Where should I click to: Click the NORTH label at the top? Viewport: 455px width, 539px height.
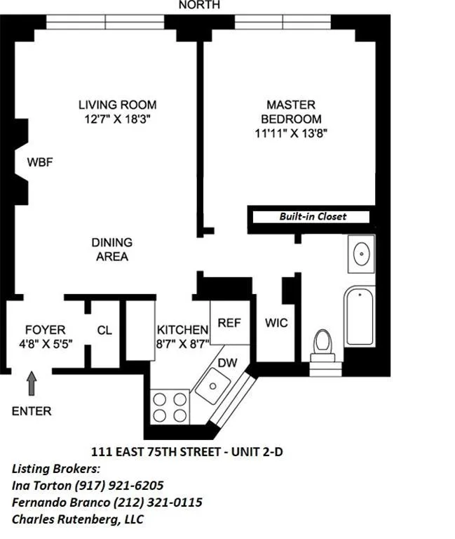pyautogui.click(x=199, y=5)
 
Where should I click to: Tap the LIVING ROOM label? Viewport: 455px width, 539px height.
pyautogui.click(x=117, y=105)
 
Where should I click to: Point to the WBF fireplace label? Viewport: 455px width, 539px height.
pyautogui.click(x=40, y=162)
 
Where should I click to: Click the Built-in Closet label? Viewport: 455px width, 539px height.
pyautogui.click(x=313, y=216)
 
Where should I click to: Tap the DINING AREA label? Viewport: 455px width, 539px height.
pyautogui.click(x=111, y=249)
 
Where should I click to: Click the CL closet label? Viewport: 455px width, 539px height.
pyautogui.click(x=104, y=330)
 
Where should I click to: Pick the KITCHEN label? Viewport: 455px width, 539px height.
pyautogui.click(x=182, y=330)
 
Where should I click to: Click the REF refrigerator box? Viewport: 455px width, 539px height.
pyautogui.click(x=229, y=323)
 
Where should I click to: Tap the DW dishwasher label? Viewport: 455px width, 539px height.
pyautogui.click(x=227, y=362)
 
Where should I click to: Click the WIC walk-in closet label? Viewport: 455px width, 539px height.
pyautogui.click(x=276, y=324)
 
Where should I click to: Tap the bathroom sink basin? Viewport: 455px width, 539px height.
pyautogui.click(x=362, y=254)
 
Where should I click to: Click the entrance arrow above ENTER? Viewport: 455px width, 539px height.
pyautogui.click(x=32, y=384)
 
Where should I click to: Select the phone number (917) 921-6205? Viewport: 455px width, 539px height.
pyautogui.click(x=120, y=486)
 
